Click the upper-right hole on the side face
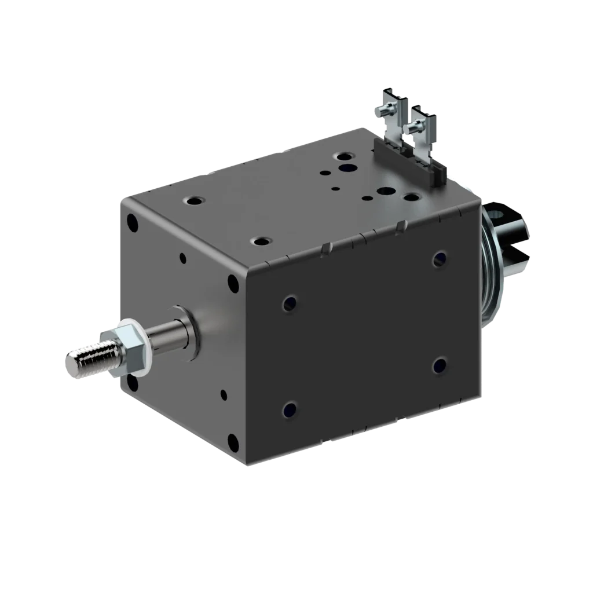(439, 258)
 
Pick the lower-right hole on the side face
(440, 365)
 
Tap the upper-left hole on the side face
(289, 303)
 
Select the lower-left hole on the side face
(289, 410)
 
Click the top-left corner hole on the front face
(133, 222)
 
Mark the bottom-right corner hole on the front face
(233, 442)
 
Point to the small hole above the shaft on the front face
(183, 258)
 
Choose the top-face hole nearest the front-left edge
(193, 200)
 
